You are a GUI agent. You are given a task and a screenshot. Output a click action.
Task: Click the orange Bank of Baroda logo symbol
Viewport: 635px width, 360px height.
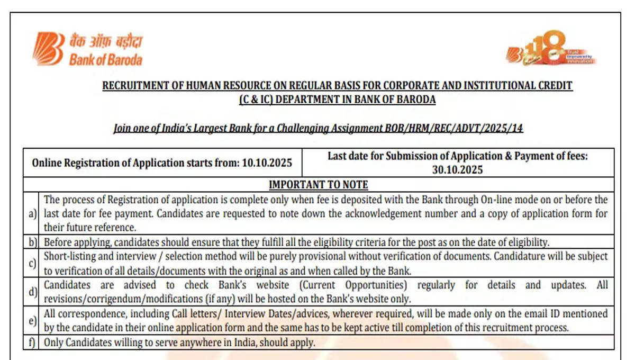tap(49, 49)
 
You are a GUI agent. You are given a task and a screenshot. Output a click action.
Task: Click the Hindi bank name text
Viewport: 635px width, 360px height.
tap(105, 41)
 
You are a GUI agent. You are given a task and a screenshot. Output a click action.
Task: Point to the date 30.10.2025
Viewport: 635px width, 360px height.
tap(458, 170)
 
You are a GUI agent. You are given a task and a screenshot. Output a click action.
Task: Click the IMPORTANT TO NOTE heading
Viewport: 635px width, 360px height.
tap(318, 185)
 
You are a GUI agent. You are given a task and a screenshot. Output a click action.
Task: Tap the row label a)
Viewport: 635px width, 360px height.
tap(33, 214)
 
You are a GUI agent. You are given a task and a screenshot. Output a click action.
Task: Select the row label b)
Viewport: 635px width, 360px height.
tap(33, 242)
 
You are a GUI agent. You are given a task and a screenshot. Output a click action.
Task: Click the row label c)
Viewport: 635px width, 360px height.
tap(33, 263)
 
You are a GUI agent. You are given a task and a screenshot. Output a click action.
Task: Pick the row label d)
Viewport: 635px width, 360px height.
tap(33, 292)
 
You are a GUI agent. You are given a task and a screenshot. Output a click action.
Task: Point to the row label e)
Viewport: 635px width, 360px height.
tap(33, 320)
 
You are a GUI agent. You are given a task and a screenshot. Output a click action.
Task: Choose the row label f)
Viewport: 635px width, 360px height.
tap(33, 342)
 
